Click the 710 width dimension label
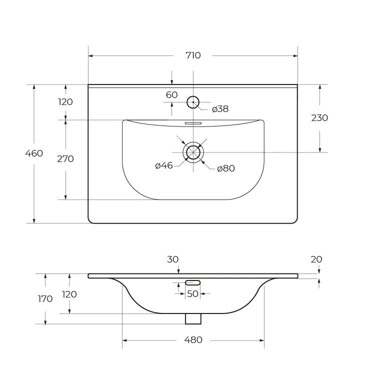tap(193, 55)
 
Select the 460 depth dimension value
tap(34, 153)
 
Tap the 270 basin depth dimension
tap(65, 159)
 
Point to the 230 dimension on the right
tap(319, 118)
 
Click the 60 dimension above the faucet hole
tap(171, 95)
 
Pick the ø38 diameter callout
tap(220, 109)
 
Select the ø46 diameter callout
tap(164, 166)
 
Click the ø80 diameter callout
tap(226, 168)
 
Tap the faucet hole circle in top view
tap(193, 102)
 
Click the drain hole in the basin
tap(193, 152)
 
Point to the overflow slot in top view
tap(193, 123)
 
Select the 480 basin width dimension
tap(193, 340)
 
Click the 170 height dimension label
tap(45, 299)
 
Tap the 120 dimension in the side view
tap(69, 294)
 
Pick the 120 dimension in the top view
tap(65, 102)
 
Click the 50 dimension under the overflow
tap(192, 294)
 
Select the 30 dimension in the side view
tap(172, 259)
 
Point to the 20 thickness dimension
tap(316, 259)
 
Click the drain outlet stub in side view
tap(193, 318)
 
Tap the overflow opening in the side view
tap(192, 282)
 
